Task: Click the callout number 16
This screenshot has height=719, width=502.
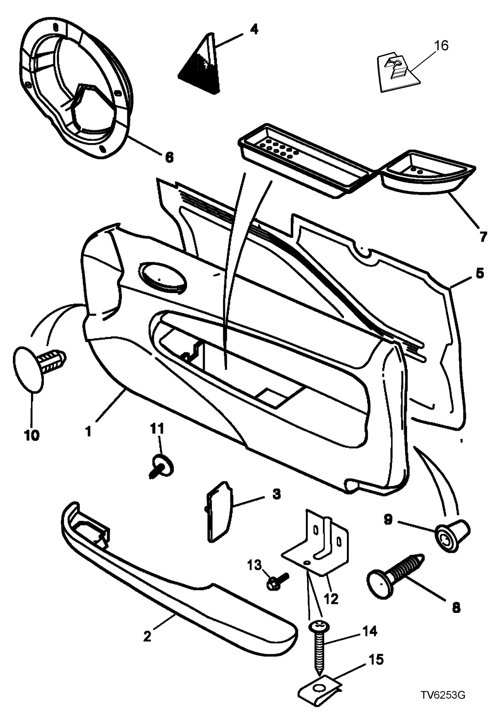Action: pyautogui.click(x=442, y=46)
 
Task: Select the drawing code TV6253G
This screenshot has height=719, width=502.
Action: pyautogui.click(x=444, y=695)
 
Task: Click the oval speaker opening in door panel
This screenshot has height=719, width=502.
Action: pyautogui.click(x=164, y=277)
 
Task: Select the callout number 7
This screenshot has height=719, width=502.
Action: pyautogui.click(x=483, y=237)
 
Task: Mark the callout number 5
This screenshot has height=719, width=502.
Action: pyautogui.click(x=480, y=273)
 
